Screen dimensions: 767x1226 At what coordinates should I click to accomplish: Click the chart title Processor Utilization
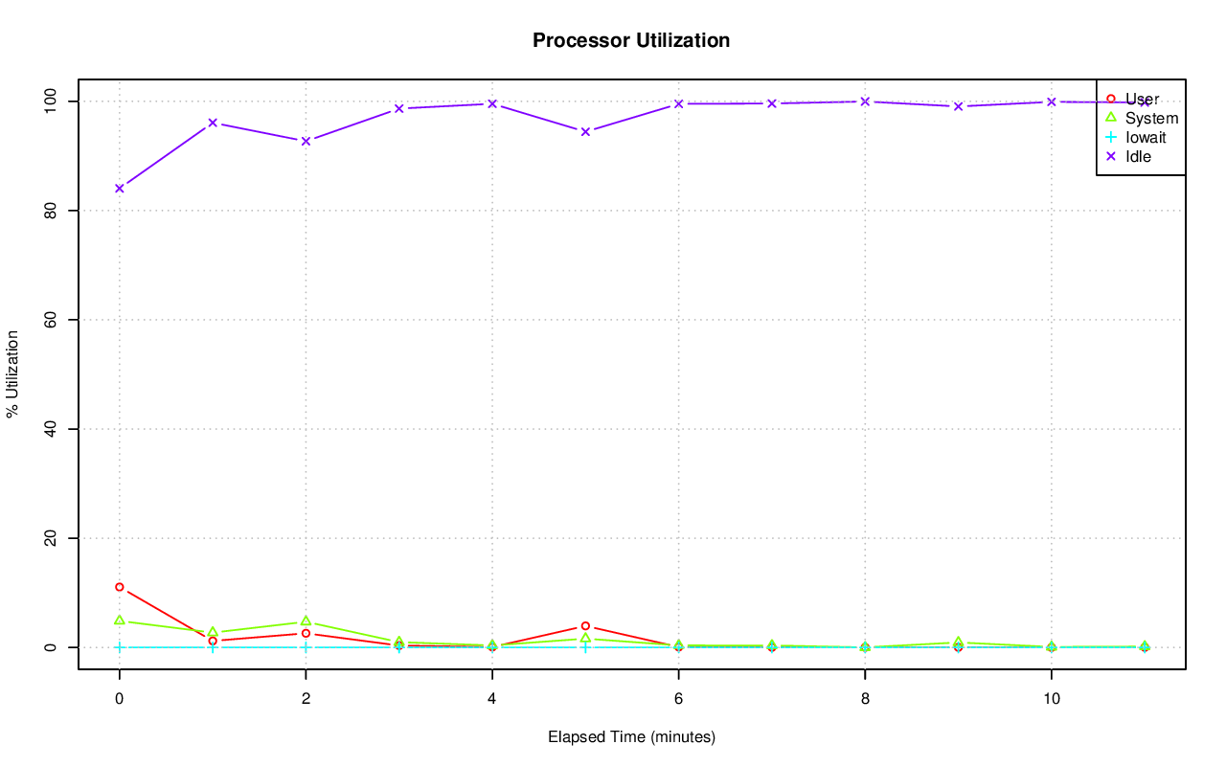pos(631,40)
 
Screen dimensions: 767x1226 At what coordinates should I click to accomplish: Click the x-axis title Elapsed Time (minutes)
pos(631,737)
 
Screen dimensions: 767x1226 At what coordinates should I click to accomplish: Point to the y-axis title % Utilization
pos(13,373)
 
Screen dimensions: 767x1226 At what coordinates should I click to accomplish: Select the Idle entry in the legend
pos(1138,156)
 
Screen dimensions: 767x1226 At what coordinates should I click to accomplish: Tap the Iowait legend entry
pos(1146,137)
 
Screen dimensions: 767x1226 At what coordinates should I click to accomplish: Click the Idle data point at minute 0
pos(120,188)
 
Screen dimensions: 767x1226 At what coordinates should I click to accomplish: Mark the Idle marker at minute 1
pos(213,123)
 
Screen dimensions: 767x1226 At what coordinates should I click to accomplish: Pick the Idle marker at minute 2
pos(306,141)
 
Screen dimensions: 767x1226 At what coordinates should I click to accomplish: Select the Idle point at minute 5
pos(585,131)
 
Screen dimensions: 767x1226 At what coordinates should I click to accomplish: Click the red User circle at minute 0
pos(120,587)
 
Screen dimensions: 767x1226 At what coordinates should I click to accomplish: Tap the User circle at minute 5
pos(585,626)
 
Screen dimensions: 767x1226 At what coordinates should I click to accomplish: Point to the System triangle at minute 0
pos(120,620)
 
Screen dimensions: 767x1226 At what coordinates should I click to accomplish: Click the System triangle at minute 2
pos(306,621)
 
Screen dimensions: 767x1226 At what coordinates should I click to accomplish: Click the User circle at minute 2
pos(306,633)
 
